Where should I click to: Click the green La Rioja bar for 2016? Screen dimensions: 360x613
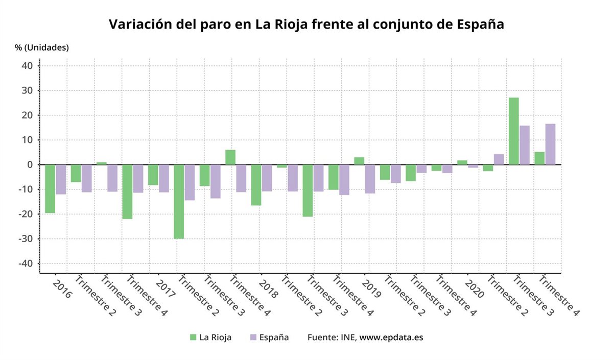point(50,188)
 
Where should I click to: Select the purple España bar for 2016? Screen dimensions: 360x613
point(61,179)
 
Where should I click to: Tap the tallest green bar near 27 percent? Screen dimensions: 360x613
point(513,131)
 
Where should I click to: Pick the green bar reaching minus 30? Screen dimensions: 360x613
point(179,201)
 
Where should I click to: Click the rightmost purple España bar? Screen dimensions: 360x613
point(550,144)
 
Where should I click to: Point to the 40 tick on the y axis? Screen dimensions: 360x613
point(27,66)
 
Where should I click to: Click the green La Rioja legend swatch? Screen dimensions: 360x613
point(193,338)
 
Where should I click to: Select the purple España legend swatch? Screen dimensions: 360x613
point(253,338)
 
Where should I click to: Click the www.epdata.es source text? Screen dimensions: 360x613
point(391,338)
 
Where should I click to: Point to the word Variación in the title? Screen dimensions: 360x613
point(137,24)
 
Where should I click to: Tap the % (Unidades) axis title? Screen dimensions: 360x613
point(41,47)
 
